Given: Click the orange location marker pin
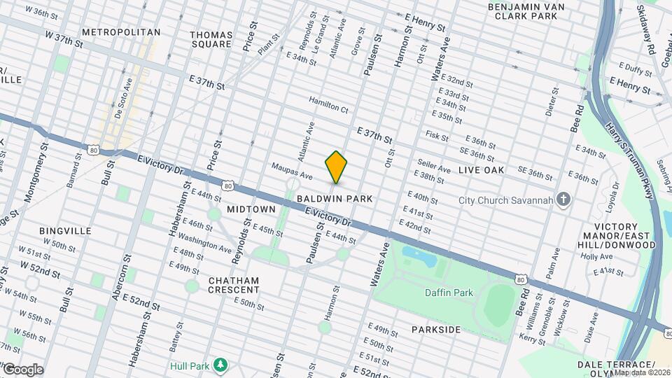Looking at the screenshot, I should click(x=337, y=168).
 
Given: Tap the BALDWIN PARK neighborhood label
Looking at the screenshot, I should click(x=335, y=199).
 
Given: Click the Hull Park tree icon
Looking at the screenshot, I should click(x=220, y=365).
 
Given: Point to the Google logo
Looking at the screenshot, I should click(x=22, y=370).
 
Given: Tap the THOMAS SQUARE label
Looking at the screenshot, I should click(x=211, y=39).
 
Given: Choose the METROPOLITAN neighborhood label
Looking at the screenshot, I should click(x=121, y=32).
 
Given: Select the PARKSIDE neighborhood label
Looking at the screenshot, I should click(x=436, y=329).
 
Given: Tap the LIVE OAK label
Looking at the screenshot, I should click(x=482, y=170).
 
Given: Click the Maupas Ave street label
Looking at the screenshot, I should click(x=292, y=170).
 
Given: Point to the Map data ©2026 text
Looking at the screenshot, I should click(x=642, y=372).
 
